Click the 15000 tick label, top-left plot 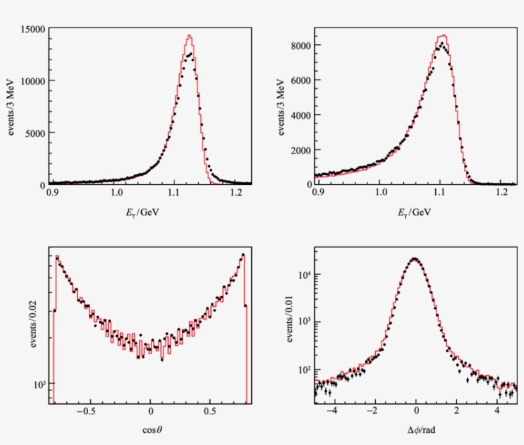click(x=31, y=29)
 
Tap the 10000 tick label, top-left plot click(x=31, y=81)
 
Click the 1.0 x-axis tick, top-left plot click(x=116, y=192)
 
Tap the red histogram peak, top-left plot click(x=189, y=35)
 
